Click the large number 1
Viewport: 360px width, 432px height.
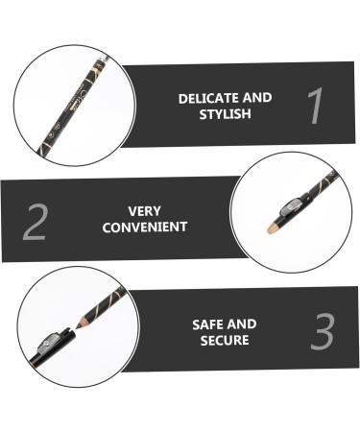click(314, 107)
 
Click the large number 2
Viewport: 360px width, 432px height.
click(35, 221)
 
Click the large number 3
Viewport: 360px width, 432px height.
click(322, 331)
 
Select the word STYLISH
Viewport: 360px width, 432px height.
click(225, 114)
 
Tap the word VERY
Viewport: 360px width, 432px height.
click(144, 210)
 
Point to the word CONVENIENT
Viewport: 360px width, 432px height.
click(144, 228)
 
